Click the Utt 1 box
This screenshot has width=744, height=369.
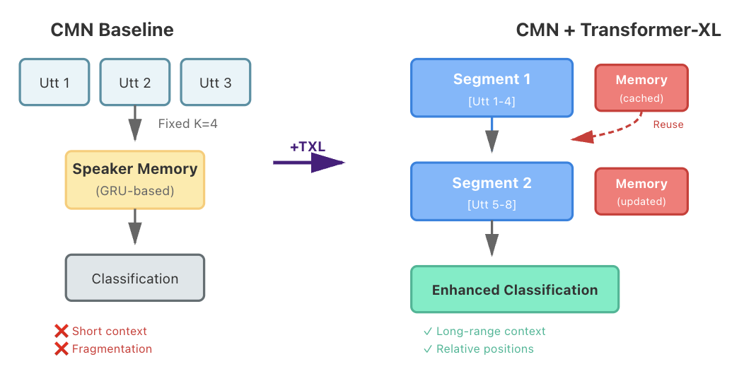coord(54,83)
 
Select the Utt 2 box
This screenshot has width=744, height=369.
coord(135,83)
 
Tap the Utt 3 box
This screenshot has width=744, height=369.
coord(216,83)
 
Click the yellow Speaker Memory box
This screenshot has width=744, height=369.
coord(135,180)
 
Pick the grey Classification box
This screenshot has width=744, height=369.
coord(135,279)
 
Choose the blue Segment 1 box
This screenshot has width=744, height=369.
coord(492,88)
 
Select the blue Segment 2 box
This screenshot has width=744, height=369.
coord(492,192)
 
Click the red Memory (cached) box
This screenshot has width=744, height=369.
coord(641,88)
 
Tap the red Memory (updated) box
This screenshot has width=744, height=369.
coord(641,191)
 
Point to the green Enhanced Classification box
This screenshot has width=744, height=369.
coord(515,290)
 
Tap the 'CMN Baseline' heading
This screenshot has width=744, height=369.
coord(112,30)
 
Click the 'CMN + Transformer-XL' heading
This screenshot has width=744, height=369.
coord(619,30)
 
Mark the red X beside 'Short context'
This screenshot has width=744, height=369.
coord(62,331)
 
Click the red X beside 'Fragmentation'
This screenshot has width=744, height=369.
coord(62,348)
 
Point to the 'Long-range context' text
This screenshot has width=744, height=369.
coord(491,331)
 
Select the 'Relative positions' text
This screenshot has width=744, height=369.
coord(485,348)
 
